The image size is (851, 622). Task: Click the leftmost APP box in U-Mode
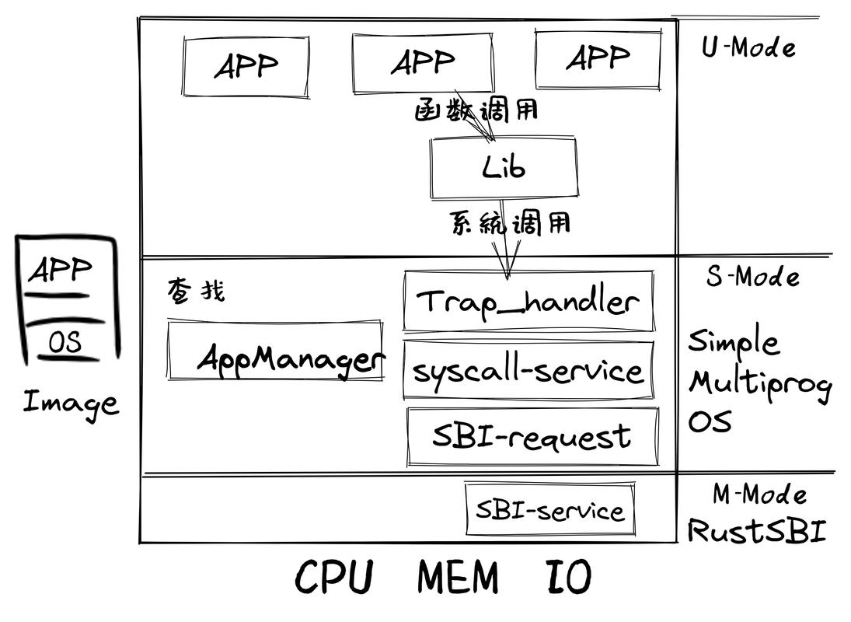[x=246, y=66]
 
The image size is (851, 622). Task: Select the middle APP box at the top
[x=423, y=62]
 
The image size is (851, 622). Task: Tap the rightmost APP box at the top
[x=598, y=59]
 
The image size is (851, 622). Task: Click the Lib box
[x=503, y=167]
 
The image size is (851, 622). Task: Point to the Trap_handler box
[x=528, y=302]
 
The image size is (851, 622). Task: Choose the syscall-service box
[x=528, y=370]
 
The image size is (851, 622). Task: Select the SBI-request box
[x=532, y=436]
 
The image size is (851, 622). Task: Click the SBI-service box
[x=550, y=510]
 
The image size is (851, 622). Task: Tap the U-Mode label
[x=748, y=48]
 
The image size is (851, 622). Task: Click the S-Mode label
[x=752, y=277]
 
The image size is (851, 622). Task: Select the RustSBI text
[x=756, y=531]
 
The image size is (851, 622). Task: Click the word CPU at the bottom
[x=334, y=578]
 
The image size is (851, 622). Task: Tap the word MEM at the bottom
[x=458, y=578]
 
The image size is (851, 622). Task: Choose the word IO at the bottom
[x=565, y=578]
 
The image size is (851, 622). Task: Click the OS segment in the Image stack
[x=65, y=343]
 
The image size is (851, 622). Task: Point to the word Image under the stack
[x=70, y=403]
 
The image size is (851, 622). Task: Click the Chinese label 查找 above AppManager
[x=195, y=292]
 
